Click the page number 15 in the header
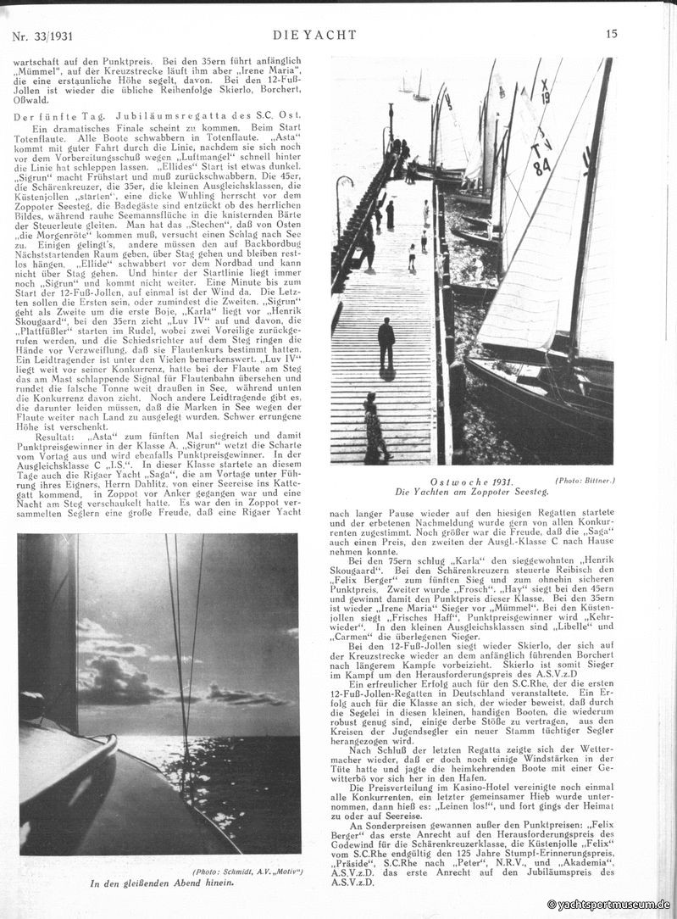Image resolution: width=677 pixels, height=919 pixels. click(612, 35)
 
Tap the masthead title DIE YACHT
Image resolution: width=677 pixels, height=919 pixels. click(314, 35)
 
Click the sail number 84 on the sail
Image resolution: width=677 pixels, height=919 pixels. click(542, 167)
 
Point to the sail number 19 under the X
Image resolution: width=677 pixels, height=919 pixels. click(546, 97)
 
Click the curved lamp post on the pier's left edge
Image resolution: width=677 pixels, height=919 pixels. click(340, 195)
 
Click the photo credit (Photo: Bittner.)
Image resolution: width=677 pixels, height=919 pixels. click(584, 481)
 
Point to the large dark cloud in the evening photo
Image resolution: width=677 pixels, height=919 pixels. click(119, 678)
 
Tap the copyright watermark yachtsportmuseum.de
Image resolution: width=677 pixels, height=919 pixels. click(608, 905)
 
